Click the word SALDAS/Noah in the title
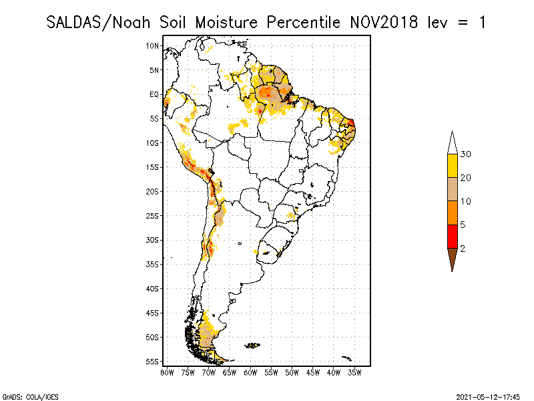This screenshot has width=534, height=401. click(x=100, y=22)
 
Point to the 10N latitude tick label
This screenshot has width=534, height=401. click(x=153, y=46)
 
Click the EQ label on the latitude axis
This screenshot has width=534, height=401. click(x=154, y=94)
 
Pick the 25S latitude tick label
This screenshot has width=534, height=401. click(x=153, y=216)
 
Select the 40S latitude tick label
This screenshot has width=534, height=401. click(x=153, y=289)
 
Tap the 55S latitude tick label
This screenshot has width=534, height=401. click(x=153, y=362)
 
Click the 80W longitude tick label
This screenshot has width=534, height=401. click(x=167, y=372)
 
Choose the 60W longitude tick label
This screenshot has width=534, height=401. click(x=250, y=372)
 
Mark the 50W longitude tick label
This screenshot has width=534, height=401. click(x=292, y=372)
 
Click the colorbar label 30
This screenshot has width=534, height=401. click(x=467, y=154)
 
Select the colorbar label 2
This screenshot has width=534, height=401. click(x=463, y=248)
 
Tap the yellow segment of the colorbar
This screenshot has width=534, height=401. click(x=452, y=166)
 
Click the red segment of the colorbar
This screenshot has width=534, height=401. click(x=452, y=236)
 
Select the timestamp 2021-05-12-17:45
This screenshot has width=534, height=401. click(x=489, y=396)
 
